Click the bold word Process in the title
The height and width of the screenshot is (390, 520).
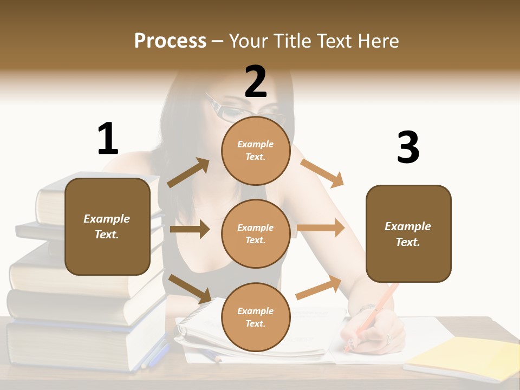(170, 41)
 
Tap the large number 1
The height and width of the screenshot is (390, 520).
(108, 139)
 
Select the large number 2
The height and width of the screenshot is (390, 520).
(256, 82)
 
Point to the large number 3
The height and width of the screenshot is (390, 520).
(408, 148)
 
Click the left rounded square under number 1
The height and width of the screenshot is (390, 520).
(107, 226)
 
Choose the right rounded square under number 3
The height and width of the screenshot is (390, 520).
(408, 233)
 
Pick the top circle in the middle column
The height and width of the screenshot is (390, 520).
(256, 151)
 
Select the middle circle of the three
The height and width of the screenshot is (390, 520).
(256, 233)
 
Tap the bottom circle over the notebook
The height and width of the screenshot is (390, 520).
(256, 317)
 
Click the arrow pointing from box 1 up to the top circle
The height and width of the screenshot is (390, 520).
(188, 173)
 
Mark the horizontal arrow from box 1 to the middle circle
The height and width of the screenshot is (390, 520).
(190, 229)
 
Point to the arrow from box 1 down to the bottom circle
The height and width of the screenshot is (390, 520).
(190, 288)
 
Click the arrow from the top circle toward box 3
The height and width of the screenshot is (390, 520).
(322, 173)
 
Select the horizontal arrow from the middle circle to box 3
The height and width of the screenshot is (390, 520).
(320, 228)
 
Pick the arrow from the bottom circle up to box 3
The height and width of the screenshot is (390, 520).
(318, 288)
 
